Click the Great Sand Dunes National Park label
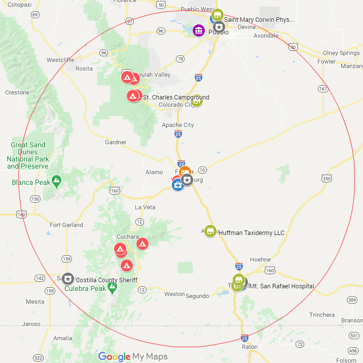(x=28, y=155)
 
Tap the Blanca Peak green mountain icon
(x=56, y=180)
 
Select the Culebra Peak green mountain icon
(x=113, y=287)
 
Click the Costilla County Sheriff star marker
(x=68, y=279)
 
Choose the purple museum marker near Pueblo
(x=199, y=31)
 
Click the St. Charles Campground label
(x=176, y=97)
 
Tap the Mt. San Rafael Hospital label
(x=282, y=286)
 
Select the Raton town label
(x=249, y=347)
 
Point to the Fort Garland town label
(x=66, y=225)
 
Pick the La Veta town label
(x=145, y=207)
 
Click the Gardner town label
(x=116, y=142)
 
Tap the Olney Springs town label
(x=341, y=53)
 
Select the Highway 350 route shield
(x=326, y=178)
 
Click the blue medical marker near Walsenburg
(x=178, y=185)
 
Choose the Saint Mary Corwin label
(x=259, y=20)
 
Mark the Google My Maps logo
(x=133, y=356)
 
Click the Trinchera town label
(x=322, y=315)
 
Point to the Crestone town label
(x=17, y=92)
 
